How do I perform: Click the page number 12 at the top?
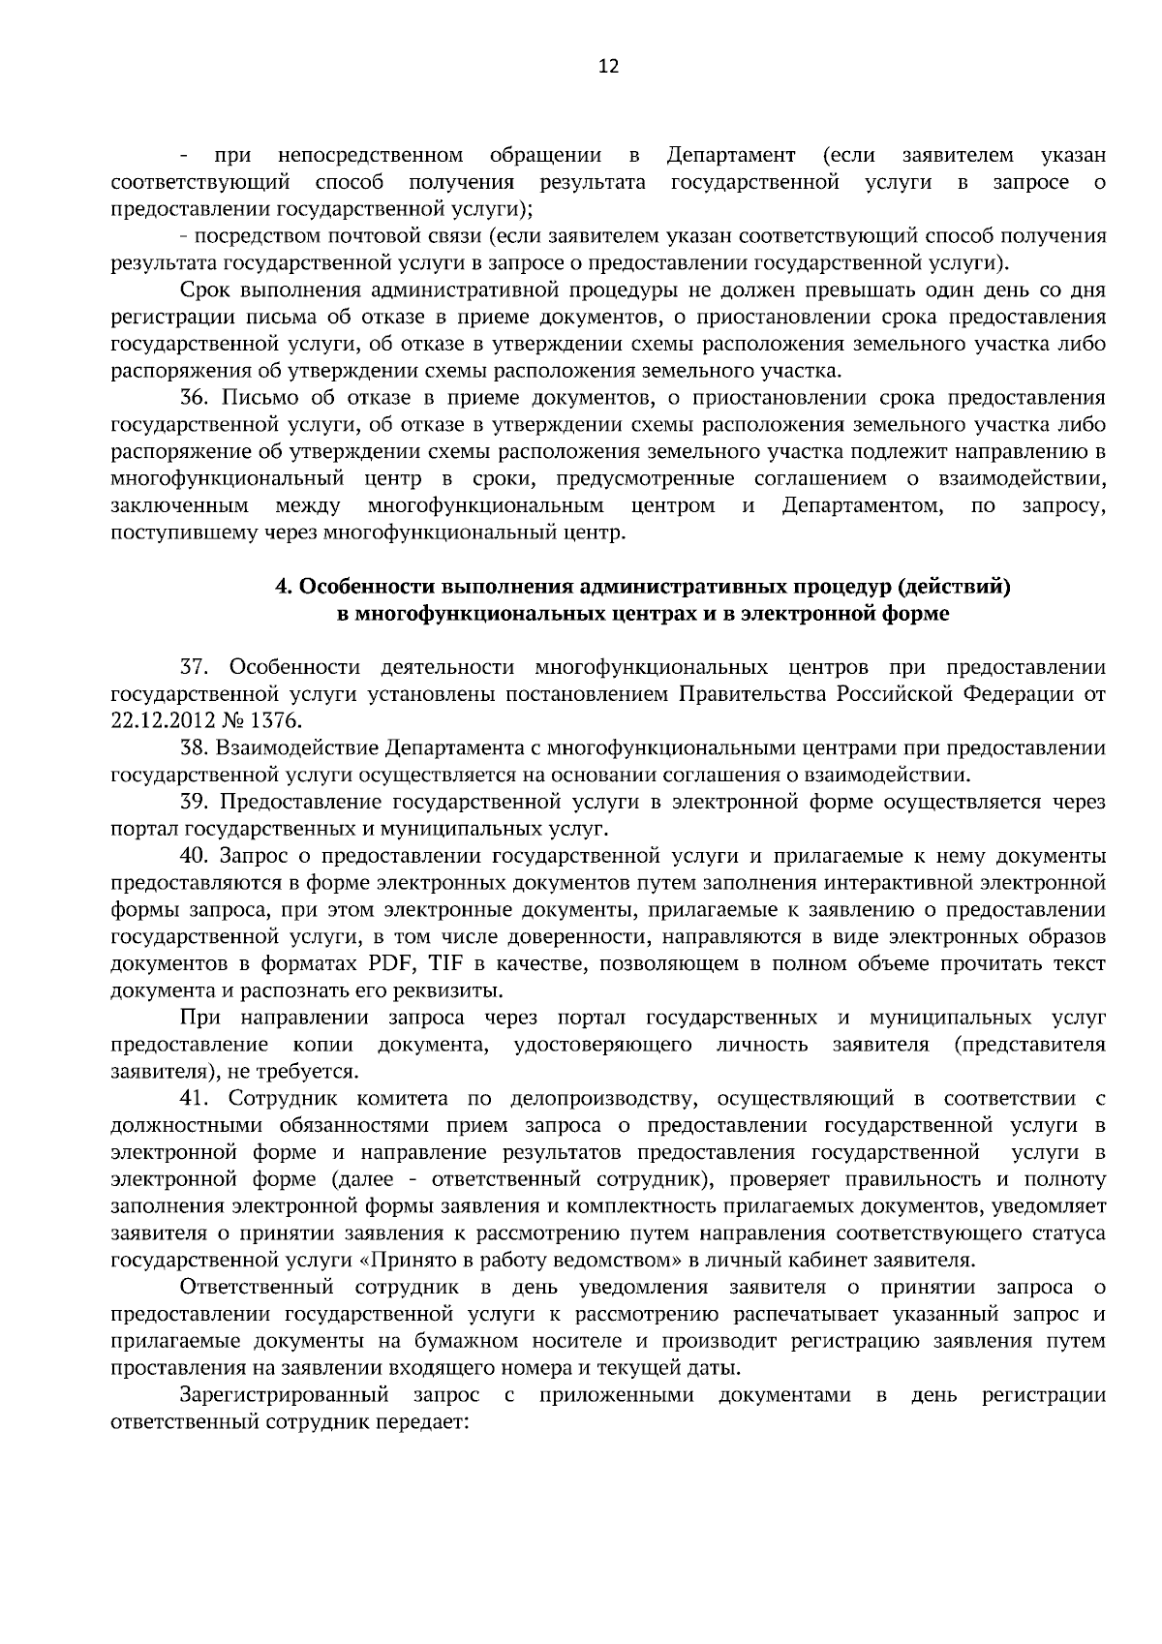pyautogui.click(x=608, y=66)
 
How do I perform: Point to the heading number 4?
pyautogui.click(x=282, y=587)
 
